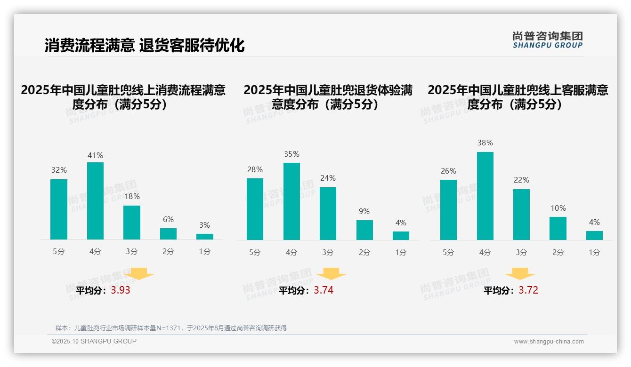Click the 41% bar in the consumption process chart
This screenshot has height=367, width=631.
click(x=95, y=201)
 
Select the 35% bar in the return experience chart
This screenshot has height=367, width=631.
click(x=291, y=201)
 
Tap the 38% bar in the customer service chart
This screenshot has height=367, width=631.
click(x=485, y=196)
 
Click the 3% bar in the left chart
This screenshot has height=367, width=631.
click(x=205, y=237)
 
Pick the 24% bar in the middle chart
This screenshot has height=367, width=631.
click(x=328, y=214)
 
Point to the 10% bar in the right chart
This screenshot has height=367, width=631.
click(x=558, y=229)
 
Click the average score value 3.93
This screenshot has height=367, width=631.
click(x=121, y=290)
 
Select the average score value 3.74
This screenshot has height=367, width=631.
click(x=324, y=290)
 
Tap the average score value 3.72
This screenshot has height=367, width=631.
click(x=528, y=290)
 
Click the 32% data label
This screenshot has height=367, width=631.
click(x=59, y=170)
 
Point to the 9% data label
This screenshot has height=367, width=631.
click(x=364, y=212)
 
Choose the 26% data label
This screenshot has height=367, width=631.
click(x=448, y=171)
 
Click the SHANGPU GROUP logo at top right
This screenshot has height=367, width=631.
click(x=547, y=40)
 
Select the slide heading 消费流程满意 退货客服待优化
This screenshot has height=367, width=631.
click(x=145, y=45)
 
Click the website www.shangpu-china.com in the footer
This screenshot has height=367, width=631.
click(x=549, y=342)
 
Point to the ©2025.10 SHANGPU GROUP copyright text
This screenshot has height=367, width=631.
click(x=94, y=341)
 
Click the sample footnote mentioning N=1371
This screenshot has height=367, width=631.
click(x=171, y=328)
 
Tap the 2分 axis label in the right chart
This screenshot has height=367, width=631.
click(x=558, y=253)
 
